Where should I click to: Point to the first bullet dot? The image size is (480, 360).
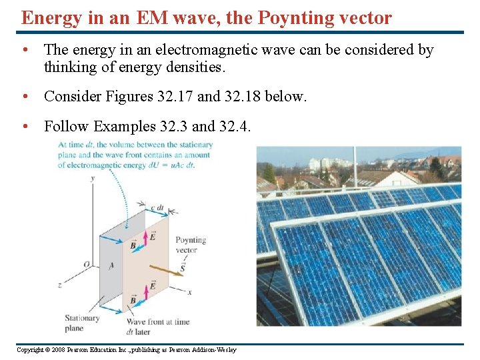(x=24, y=51)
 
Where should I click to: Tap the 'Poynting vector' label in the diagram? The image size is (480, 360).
(x=191, y=245)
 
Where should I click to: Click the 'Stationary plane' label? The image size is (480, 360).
(x=82, y=323)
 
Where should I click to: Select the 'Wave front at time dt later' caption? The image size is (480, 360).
(x=158, y=327)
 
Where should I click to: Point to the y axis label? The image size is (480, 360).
(x=92, y=178)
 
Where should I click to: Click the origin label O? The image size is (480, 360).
(x=86, y=265)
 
